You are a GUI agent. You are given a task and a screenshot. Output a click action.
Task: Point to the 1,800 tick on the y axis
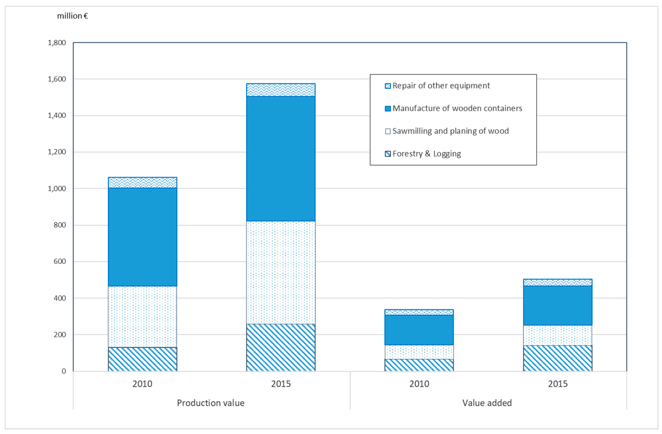(x=57, y=43)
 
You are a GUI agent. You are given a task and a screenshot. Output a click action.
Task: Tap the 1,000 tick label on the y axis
(x=57, y=188)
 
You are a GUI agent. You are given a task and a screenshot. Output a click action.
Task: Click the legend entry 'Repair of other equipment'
(x=441, y=86)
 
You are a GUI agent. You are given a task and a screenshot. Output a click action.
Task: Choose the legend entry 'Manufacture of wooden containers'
(x=457, y=108)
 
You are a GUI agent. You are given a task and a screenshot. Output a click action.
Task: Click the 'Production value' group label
(x=211, y=403)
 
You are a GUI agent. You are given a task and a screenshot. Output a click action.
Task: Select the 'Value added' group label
(x=487, y=403)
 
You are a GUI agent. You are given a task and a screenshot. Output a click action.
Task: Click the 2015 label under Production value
(x=281, y=384)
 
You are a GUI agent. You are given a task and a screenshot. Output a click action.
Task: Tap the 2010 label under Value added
(x=419, y=384)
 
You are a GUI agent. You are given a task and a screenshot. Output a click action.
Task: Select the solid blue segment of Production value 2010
(x=142, y=237)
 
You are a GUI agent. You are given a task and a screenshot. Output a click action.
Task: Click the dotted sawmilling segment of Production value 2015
(x=281, y=273)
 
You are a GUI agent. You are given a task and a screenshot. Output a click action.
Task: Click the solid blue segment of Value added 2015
(x=557, y=305)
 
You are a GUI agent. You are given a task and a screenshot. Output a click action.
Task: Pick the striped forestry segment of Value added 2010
(x=419, y=365)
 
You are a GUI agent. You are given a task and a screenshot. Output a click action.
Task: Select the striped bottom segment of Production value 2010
(x=142, y=359)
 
